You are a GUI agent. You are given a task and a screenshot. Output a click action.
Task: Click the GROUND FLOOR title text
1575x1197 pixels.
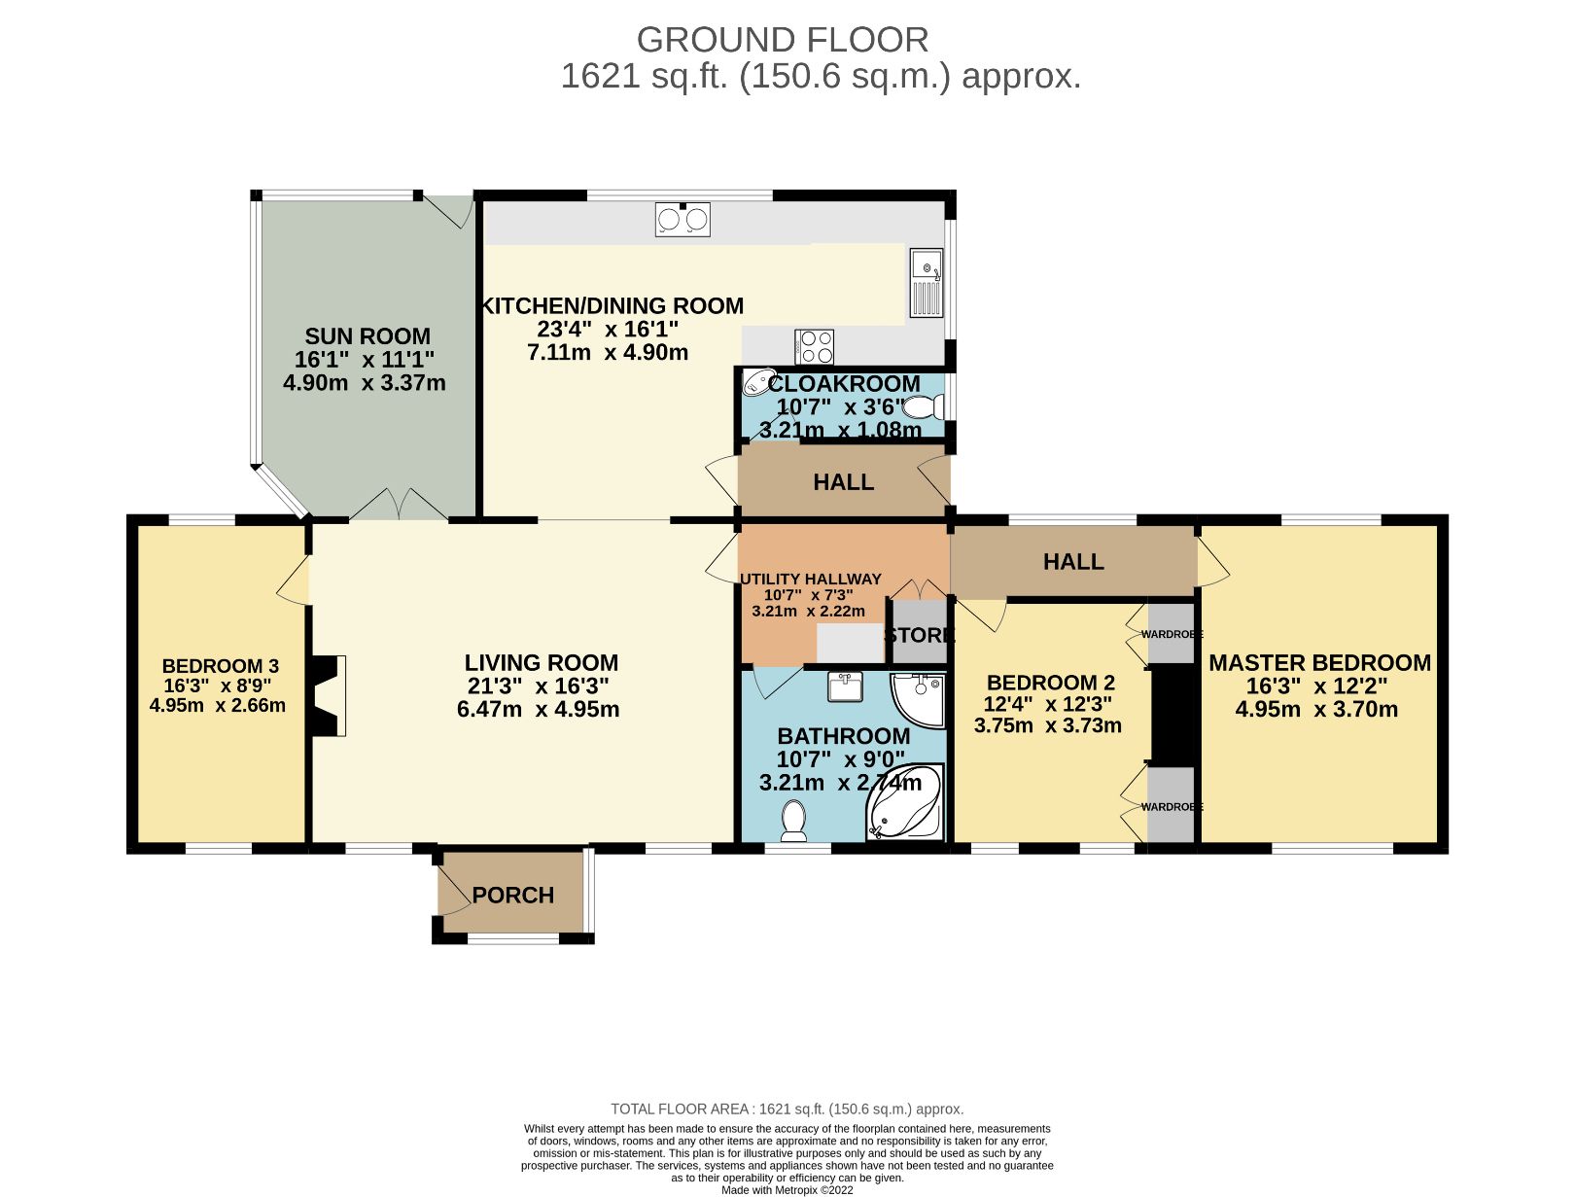783,40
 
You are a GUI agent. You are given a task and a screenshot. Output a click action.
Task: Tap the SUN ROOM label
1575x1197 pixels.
367,336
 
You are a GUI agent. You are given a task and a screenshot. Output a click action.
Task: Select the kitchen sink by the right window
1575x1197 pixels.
926,282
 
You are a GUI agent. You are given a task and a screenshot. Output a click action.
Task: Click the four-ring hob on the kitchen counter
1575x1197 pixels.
814,346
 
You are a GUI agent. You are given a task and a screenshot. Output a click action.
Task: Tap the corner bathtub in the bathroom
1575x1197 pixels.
905,804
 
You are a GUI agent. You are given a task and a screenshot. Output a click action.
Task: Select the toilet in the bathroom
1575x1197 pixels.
794,822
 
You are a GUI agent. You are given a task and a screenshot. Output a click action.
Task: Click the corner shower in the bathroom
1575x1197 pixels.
919,699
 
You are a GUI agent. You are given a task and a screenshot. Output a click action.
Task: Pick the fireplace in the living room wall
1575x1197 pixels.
329,695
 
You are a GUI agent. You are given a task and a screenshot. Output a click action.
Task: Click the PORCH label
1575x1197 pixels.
512,895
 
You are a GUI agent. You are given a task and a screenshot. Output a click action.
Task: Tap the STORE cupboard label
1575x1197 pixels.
919,635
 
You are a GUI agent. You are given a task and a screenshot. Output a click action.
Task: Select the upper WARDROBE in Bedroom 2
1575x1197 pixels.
1171,634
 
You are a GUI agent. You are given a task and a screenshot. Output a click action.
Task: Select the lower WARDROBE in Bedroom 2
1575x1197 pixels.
1171,806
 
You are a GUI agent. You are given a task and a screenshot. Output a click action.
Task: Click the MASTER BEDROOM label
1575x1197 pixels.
1319,663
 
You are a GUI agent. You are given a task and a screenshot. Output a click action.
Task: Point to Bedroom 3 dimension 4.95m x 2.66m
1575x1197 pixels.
218,706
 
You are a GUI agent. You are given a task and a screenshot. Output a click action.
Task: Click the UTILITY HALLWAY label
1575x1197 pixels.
811,579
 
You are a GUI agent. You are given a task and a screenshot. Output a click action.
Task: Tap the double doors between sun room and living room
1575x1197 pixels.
399,505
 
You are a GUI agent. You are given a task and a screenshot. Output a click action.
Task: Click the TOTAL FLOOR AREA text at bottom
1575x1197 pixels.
787,1109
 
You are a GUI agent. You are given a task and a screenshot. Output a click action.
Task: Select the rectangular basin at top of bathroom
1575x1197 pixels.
846,687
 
